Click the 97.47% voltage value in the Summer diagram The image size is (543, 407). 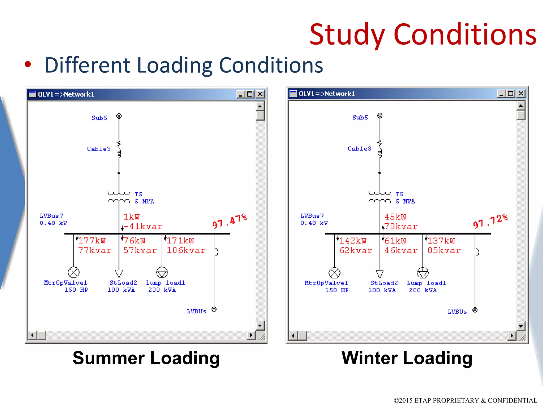point(229,221)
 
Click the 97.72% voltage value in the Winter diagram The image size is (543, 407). point(490,221)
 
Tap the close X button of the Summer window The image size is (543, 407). point(260,94)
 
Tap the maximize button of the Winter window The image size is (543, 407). point(510,94)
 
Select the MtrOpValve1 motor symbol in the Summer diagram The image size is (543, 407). point(74,272)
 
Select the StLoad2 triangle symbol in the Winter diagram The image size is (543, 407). point(380,274)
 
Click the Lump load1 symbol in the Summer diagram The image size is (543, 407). point(162,272)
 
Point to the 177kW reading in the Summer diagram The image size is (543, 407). point(92,241)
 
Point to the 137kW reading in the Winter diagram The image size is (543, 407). point(441,241)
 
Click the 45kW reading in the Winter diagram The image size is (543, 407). point(395,217)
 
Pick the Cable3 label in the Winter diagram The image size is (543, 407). point(360,149)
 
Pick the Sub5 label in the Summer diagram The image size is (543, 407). point(99,118)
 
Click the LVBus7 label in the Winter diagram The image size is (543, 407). point(312,216)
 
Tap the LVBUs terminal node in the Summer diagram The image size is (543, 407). point(214,309)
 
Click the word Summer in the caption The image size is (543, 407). point(109,358)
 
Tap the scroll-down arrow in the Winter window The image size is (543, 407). point(521,326)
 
